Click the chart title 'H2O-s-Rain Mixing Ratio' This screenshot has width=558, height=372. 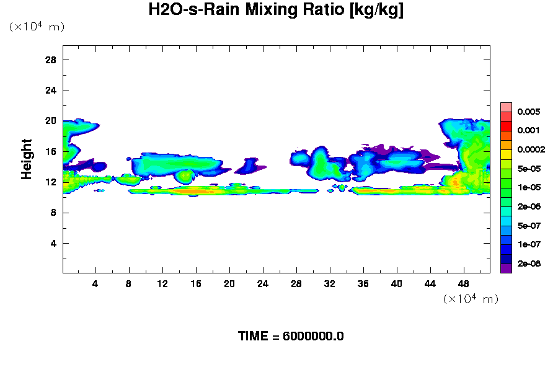click(x=276, y=11)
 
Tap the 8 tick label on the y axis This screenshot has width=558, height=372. click(x=54, y=213)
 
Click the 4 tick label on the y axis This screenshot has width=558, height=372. click(x=54, y=243)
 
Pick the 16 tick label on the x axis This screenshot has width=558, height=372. click(x=196, y=283)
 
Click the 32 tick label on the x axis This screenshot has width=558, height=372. click(x=329, y=283)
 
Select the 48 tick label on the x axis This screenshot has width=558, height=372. click(x=463, y=283)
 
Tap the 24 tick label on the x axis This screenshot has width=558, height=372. click(x=263, y=283)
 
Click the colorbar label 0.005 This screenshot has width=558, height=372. click(x=528, y=112)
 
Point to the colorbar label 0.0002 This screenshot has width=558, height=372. click(x=530, y=150)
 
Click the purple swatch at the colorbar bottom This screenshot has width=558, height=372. click(x=506, y=268)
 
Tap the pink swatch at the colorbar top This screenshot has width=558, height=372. click(x=506, y=107)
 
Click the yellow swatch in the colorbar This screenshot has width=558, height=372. click(x=506, y=154)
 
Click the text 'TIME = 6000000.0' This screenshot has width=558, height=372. click(x=291, y=337)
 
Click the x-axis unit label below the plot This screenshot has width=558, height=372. click(x=471, y=299)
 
